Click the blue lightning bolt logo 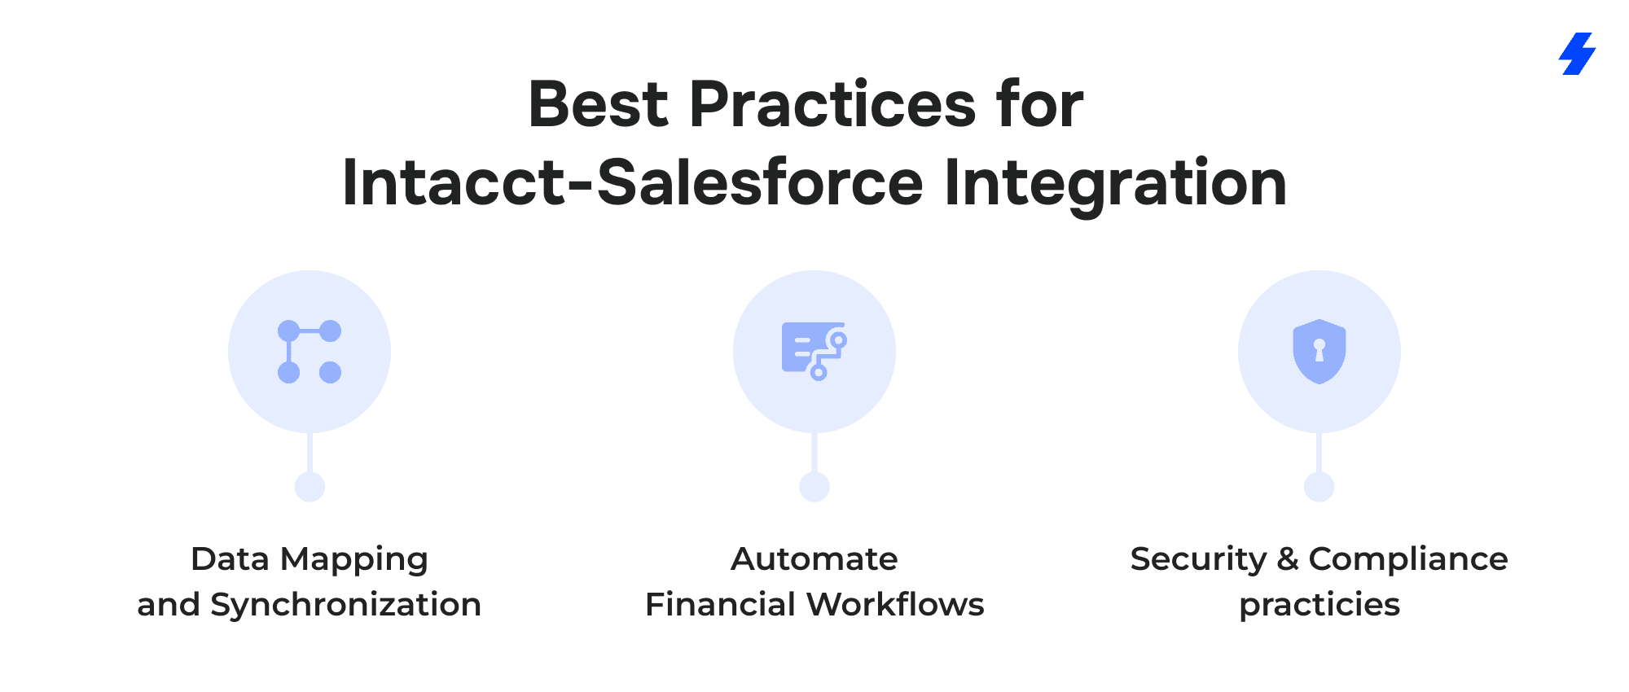(x=1577, y=54)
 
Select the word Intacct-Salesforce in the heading (x=633, y=182)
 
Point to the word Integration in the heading (x=1115, y=186)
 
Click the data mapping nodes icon (x=310, y=352)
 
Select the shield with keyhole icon (x=1319, y=351)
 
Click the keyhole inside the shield (x=1319, y=350)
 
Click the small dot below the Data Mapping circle (x=310, y=487)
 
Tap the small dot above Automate (x=814, y=487)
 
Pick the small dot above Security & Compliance (x=1319, y=487)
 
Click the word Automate (x=814, y=559)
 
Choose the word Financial (x=720, y=604)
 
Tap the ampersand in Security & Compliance (x=1288, y=559)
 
